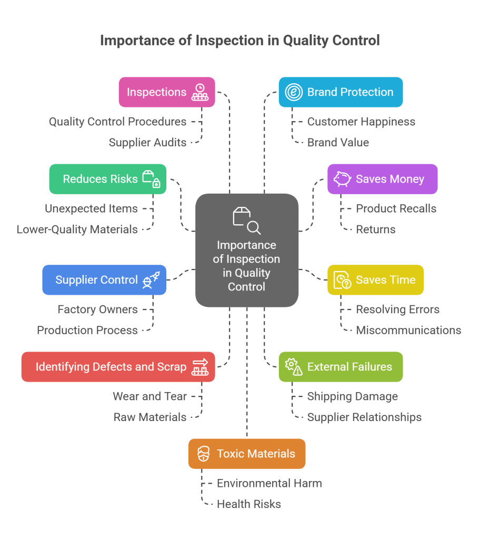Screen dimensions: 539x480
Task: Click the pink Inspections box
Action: pos(166,92)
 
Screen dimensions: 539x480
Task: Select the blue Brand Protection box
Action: pos(341,92)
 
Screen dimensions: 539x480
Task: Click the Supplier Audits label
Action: pos(147,142)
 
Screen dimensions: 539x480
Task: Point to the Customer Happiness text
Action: pos(361,122)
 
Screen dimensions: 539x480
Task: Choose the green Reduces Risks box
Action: pos(107,179)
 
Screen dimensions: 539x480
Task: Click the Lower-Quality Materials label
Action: pos(77,229)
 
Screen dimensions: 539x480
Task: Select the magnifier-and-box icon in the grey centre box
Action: pos(246,220)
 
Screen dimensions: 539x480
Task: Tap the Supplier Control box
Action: pos(104,280)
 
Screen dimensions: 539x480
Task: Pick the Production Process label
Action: pos(87,331)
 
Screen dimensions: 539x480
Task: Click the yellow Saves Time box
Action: pos(375,280)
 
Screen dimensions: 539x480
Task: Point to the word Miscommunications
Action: pos(408,331)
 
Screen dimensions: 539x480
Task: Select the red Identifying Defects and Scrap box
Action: pos(118,367)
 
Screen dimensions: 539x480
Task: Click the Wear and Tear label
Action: pos(149,396)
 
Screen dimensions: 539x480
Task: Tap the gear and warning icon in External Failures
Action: pos(294,367)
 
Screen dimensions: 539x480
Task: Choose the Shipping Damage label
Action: pos(353,396)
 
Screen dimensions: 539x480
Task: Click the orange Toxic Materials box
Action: pos(246,454)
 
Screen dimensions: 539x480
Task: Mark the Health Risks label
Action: pos(249,504)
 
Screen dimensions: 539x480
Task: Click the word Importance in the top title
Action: pos(132,41)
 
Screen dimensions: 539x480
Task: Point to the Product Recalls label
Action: pos(396,208)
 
